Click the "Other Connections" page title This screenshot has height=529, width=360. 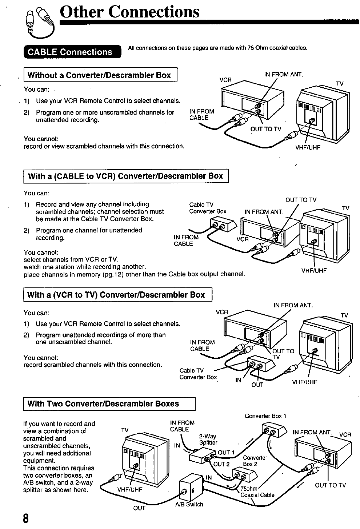click(130, 12)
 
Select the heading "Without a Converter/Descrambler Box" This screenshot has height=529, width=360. click(99, 75)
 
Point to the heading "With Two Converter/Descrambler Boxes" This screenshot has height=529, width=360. click(103, 403)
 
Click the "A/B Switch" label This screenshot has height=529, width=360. click(189, 505)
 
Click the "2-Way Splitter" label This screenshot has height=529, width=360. click(208, 439)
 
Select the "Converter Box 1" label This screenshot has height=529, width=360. click(266, 415)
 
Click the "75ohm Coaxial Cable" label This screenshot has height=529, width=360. click(256, 492)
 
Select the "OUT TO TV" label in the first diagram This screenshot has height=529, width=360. click(265, 129)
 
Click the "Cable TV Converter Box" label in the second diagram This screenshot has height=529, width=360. click(208, 208)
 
